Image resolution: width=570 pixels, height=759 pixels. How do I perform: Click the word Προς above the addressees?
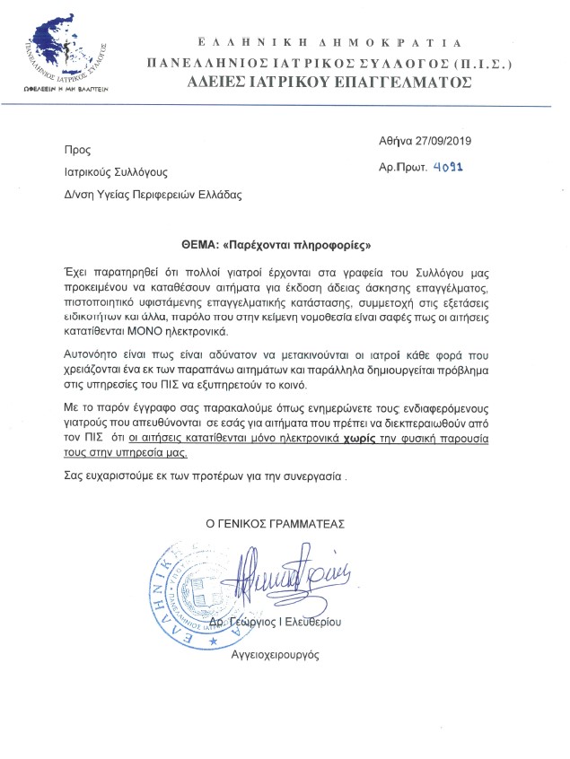pos(77,150)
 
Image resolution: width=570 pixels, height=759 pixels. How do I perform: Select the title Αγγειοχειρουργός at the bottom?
pos(276,656)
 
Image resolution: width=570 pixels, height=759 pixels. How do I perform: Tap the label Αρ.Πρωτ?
pos(402,168)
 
